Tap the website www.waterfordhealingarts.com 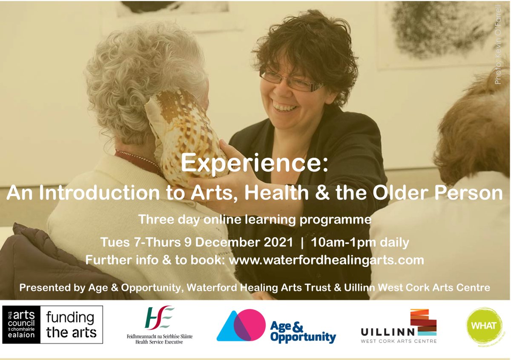pyautogui.click(x=327, y=260)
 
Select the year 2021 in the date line pyautogui.click(x=274, y=243)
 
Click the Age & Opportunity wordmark pyautogui.click(x=303, y=332)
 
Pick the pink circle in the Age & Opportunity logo pyautogui.click(x=250, y=324)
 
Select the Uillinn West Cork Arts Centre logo pyautogui.click(x=399, y=327)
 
